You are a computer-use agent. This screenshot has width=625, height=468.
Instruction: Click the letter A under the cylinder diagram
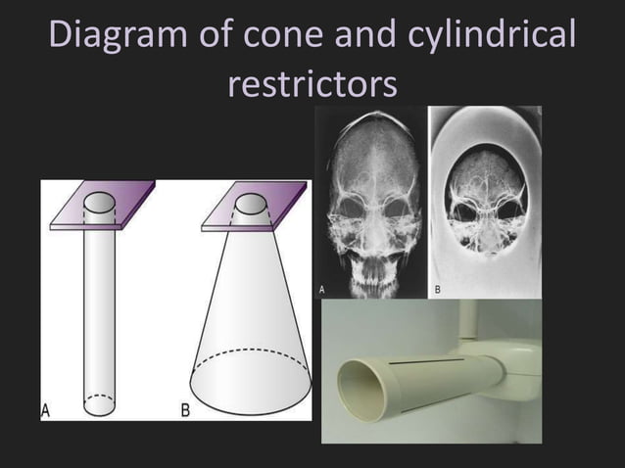point(46,410)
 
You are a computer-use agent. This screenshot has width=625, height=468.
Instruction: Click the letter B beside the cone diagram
point(185,410)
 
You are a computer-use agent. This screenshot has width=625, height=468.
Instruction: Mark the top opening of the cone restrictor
point(251,204)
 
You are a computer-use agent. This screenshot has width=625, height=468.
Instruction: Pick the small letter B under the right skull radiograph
point(436,291)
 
